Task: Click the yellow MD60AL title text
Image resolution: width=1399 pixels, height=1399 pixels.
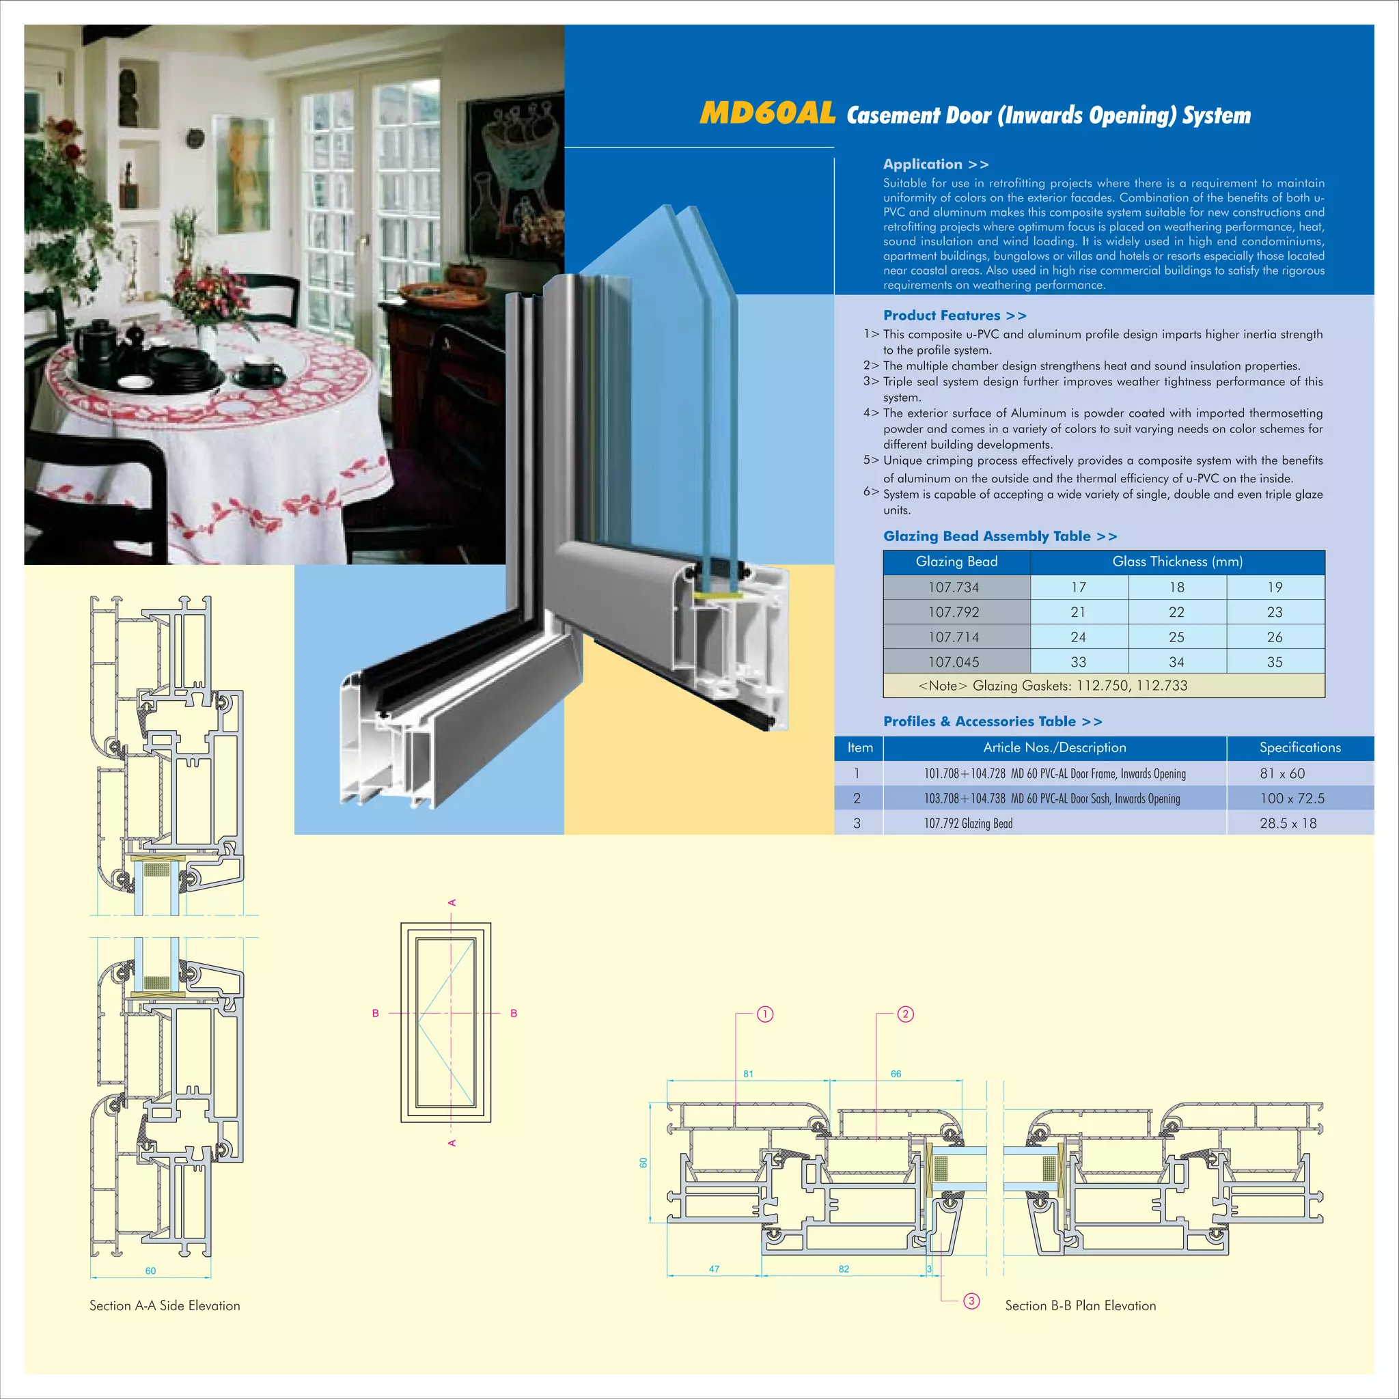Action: click(767, 113)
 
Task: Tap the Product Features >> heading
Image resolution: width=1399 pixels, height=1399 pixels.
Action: click(954, 316)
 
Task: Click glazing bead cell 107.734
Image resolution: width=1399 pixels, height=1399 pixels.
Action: click(953, 587)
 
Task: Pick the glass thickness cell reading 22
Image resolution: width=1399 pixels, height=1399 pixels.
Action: click(1176, 613)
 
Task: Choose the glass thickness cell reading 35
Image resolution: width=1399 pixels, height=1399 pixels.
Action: click(1275, 662)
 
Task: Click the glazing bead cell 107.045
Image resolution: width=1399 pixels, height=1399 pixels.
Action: click(953, 662)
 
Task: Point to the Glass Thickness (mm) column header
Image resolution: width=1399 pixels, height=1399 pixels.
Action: click(1177, 562)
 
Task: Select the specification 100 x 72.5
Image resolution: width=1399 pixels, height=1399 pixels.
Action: click(1292, 798)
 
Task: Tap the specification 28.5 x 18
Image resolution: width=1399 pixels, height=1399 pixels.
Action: click(1288, 823)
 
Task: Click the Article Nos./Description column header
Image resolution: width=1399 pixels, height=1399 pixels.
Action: click(1054, 747)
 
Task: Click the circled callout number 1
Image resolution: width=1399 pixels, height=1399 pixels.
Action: click(765, 1014)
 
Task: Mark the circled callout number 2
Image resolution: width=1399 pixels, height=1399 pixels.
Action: click(906, 1014)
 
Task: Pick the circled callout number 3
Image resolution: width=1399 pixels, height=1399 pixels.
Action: click(972, 1301)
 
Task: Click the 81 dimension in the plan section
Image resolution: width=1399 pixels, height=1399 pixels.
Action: click(748, 1074)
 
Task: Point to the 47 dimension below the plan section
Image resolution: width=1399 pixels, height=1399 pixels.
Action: click(714, 1269)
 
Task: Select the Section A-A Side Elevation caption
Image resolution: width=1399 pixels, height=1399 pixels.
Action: click(165, 1305)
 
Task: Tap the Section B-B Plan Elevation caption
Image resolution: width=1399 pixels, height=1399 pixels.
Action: click(1080, 1305)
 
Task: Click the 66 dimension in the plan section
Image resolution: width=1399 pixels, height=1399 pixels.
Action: click(896, 1074)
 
